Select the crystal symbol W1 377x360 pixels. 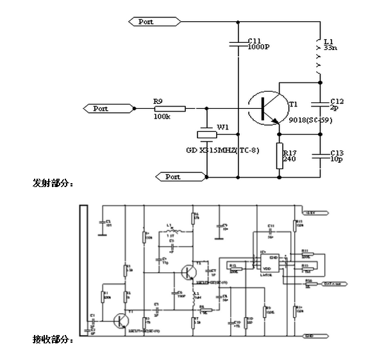point(207,135)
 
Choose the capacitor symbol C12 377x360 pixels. point(319,104)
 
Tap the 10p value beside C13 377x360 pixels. point(335,160)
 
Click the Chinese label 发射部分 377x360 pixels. point(53,184)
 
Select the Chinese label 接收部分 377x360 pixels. point(53,338)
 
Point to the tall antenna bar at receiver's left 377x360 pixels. point(83,269)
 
